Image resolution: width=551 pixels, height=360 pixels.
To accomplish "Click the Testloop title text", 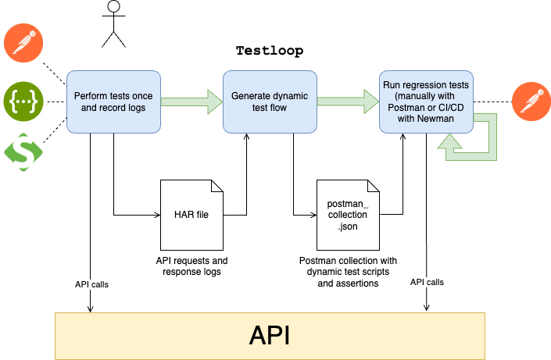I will [x=270, y=51].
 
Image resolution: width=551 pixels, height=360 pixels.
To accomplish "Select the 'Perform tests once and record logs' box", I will [x=113, y=102].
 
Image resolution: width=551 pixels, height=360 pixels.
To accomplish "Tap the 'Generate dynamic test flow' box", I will [x=270, y=102].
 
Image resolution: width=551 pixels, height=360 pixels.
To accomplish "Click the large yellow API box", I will [x=270, y=336].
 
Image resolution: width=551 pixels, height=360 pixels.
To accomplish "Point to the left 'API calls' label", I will [x=91, y=284].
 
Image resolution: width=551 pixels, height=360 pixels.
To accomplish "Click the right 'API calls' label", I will [x=427, y=281].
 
